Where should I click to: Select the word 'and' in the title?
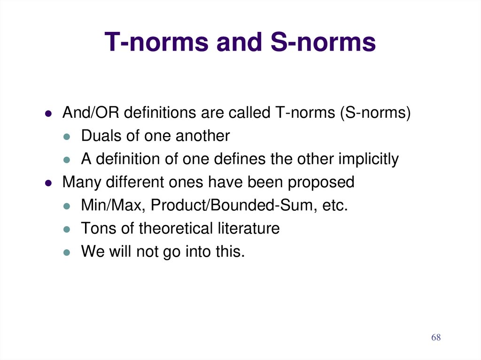click(x=233, y=42)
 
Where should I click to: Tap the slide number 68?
click(x=436, y=338)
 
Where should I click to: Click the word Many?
click(x=80, y=182)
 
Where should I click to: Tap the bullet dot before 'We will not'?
click(x=67, y=252)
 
